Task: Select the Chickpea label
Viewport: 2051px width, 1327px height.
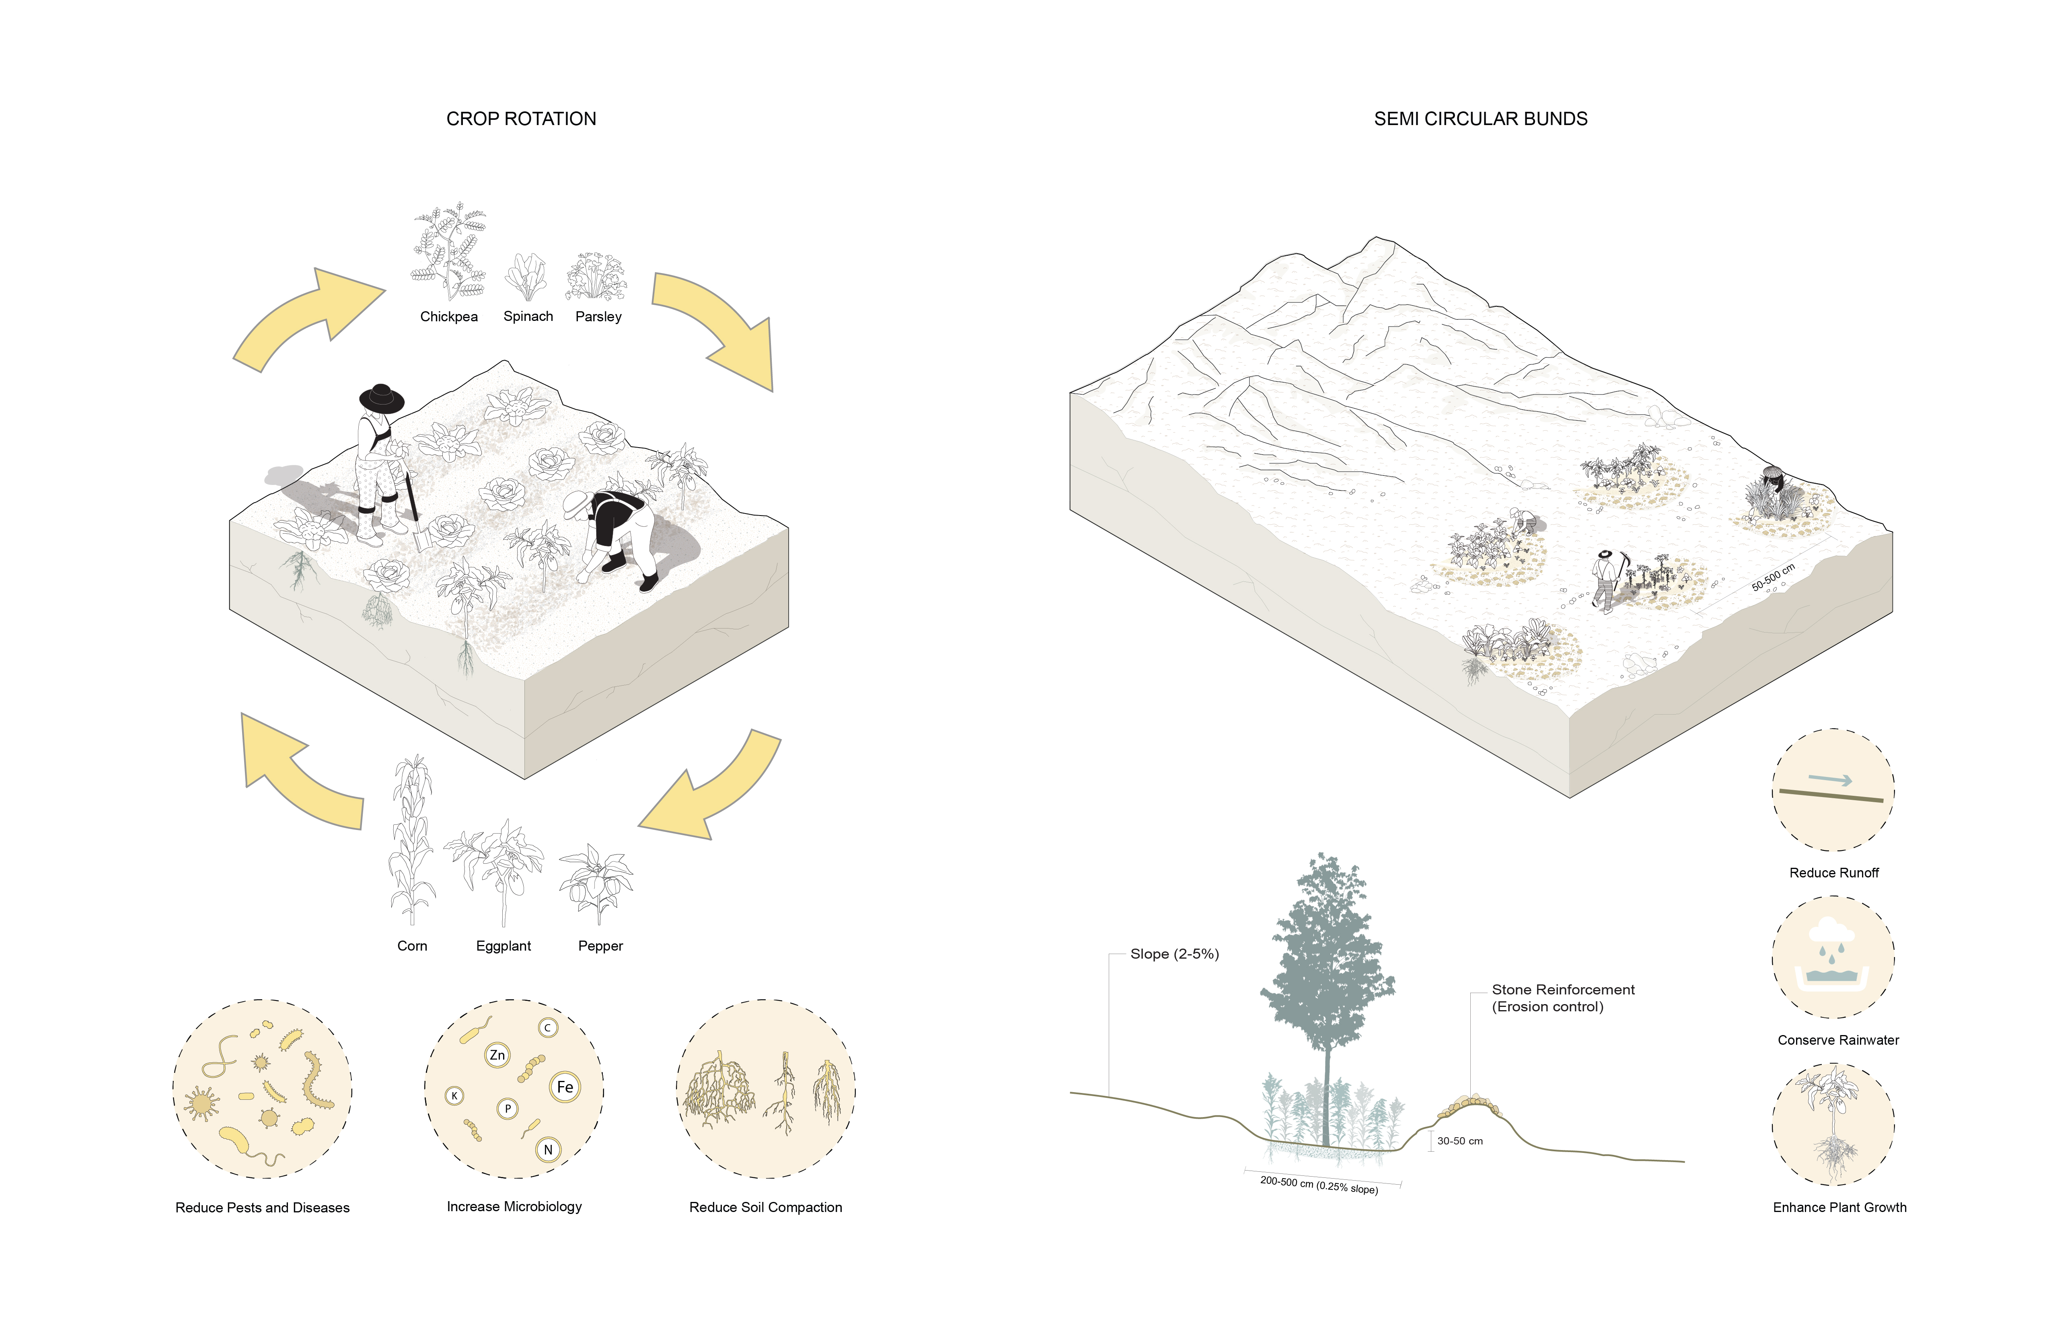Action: (448, 316)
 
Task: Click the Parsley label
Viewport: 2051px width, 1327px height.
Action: (598, 316)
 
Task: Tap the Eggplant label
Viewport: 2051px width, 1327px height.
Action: (503, 945)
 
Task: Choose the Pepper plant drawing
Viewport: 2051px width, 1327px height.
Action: (596, 883)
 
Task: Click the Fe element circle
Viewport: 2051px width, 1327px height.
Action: (565, 1087)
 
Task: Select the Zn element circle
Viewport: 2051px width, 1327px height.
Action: (497, 1055)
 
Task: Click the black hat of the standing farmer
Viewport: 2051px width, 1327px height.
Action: (381, 398)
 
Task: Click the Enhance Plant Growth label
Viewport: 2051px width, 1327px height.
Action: (1839, 1207)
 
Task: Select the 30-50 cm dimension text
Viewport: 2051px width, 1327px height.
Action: (1460, 1141)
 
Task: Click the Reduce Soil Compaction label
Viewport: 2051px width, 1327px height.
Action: (765, 1207)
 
